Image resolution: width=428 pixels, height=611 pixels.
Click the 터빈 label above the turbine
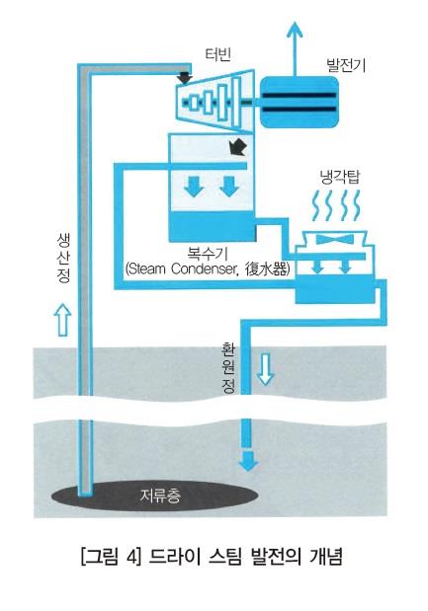[218, 54]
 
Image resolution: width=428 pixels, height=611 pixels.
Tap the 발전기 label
[346, 65]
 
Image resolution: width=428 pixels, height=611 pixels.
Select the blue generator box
[299, 102]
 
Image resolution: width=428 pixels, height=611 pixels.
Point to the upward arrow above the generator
[295, 48]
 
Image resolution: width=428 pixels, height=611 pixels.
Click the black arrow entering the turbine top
[184, 77]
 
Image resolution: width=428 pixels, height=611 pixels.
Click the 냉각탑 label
[339, 178]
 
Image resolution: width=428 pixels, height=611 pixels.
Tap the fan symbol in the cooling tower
[330, 239]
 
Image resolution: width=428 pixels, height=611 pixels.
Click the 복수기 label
[207, 254]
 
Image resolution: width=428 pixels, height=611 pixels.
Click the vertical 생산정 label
[63, 258]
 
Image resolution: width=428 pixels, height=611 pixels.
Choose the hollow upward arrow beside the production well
[63, 320]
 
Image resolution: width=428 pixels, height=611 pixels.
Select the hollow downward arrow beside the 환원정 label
[265, 369]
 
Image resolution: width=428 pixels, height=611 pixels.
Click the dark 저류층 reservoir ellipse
[154, 496]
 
